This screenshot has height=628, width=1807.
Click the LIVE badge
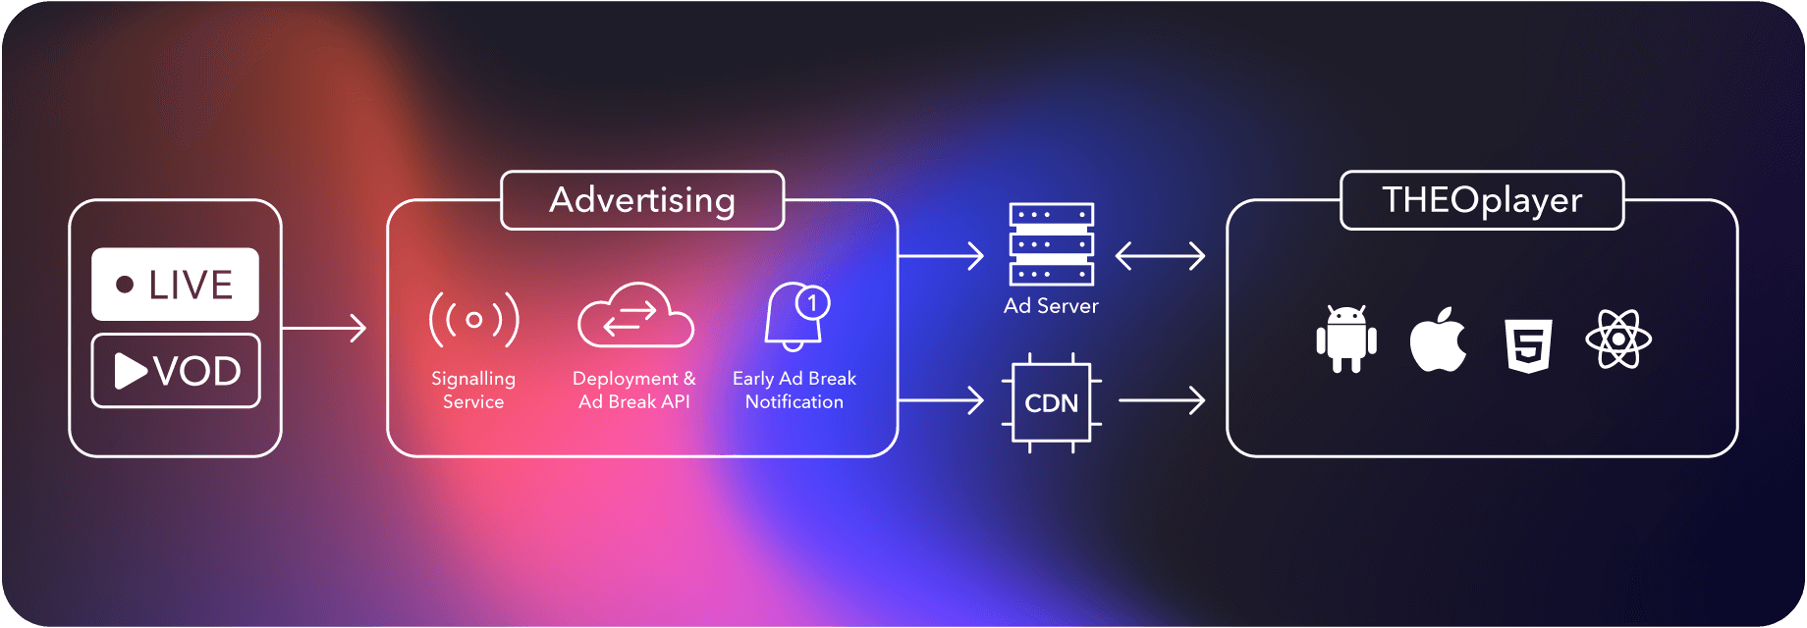tap(175, 285)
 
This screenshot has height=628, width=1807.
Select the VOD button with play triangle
tap(176, 371)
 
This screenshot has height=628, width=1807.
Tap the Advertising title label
tap(642, 200)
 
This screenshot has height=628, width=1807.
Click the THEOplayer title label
tap(1482, 200)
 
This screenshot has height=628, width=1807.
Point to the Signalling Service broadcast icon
tap(473, 319)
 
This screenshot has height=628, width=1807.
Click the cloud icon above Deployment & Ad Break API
tap(635, 316)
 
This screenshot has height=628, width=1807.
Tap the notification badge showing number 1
tap(813, 302)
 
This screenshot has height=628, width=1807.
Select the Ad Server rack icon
tap(1051, 243)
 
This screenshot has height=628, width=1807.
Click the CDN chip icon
tap(1051, 402)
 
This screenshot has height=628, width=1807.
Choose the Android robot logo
tap(1345, 340)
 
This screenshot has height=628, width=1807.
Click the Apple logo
tap(1438, 340)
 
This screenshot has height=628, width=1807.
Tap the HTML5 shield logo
tap(1528, 344)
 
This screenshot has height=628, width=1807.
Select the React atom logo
tap(1618, 340)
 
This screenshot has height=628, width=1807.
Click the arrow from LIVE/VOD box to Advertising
tap(324, 328)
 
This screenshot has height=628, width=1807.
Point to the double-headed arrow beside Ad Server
tap(1160, 256)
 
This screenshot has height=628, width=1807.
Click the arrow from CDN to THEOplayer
tap(1162, 400)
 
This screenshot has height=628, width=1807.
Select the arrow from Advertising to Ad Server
tap(941, 256)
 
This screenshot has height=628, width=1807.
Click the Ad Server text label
tap(1051, 306)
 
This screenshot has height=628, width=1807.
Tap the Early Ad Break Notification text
tap(794, 390)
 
